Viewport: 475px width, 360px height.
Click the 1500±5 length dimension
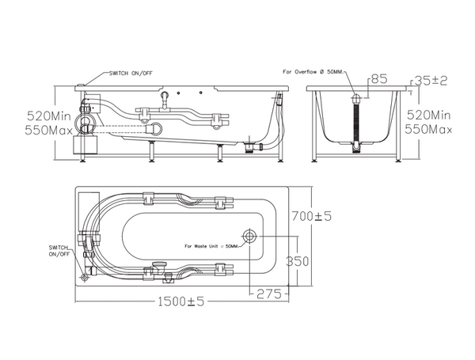pyautogui.click(x=180, y=301)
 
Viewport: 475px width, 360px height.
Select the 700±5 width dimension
pyautogui.click(x=311, y=216)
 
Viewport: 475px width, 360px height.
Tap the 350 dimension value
pyautogui.click(x=297, y=261)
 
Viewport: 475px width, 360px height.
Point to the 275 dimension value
pyautogui.click(x=269, y=294)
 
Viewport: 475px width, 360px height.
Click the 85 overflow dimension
pyautogui.click(x=379, y=79)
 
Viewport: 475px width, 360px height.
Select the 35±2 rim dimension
pyautogui.click(x=431, y=81)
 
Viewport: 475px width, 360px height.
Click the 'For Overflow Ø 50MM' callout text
pyautogui.click(x=313, y=72)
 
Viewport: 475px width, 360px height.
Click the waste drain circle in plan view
pyautogui.click(x=249, y=236)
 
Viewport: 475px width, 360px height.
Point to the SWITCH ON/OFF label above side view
pyautogui.click(x=131, y=73)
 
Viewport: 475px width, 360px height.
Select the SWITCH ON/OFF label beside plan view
pyautogui.click(x=59, y=251)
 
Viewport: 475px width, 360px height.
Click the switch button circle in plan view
pyautogui.click(x=85, y=278)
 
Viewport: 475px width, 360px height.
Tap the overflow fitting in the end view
pyautogui.click(x=356, y=98)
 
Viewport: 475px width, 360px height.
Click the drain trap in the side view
pyautogui.click(x=250, y=146)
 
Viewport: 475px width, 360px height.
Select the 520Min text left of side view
pyautogui.click(x=49, y=116)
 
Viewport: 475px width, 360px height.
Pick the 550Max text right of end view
pyautogui.click(x=428, y=130)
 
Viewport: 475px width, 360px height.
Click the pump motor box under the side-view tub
pyautogui.click(x=85, y=145)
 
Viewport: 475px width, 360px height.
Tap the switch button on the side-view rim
pyautogui.click(x=81, y=85)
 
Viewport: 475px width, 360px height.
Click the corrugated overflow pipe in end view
pyautogui.click(x=356, y=123)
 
